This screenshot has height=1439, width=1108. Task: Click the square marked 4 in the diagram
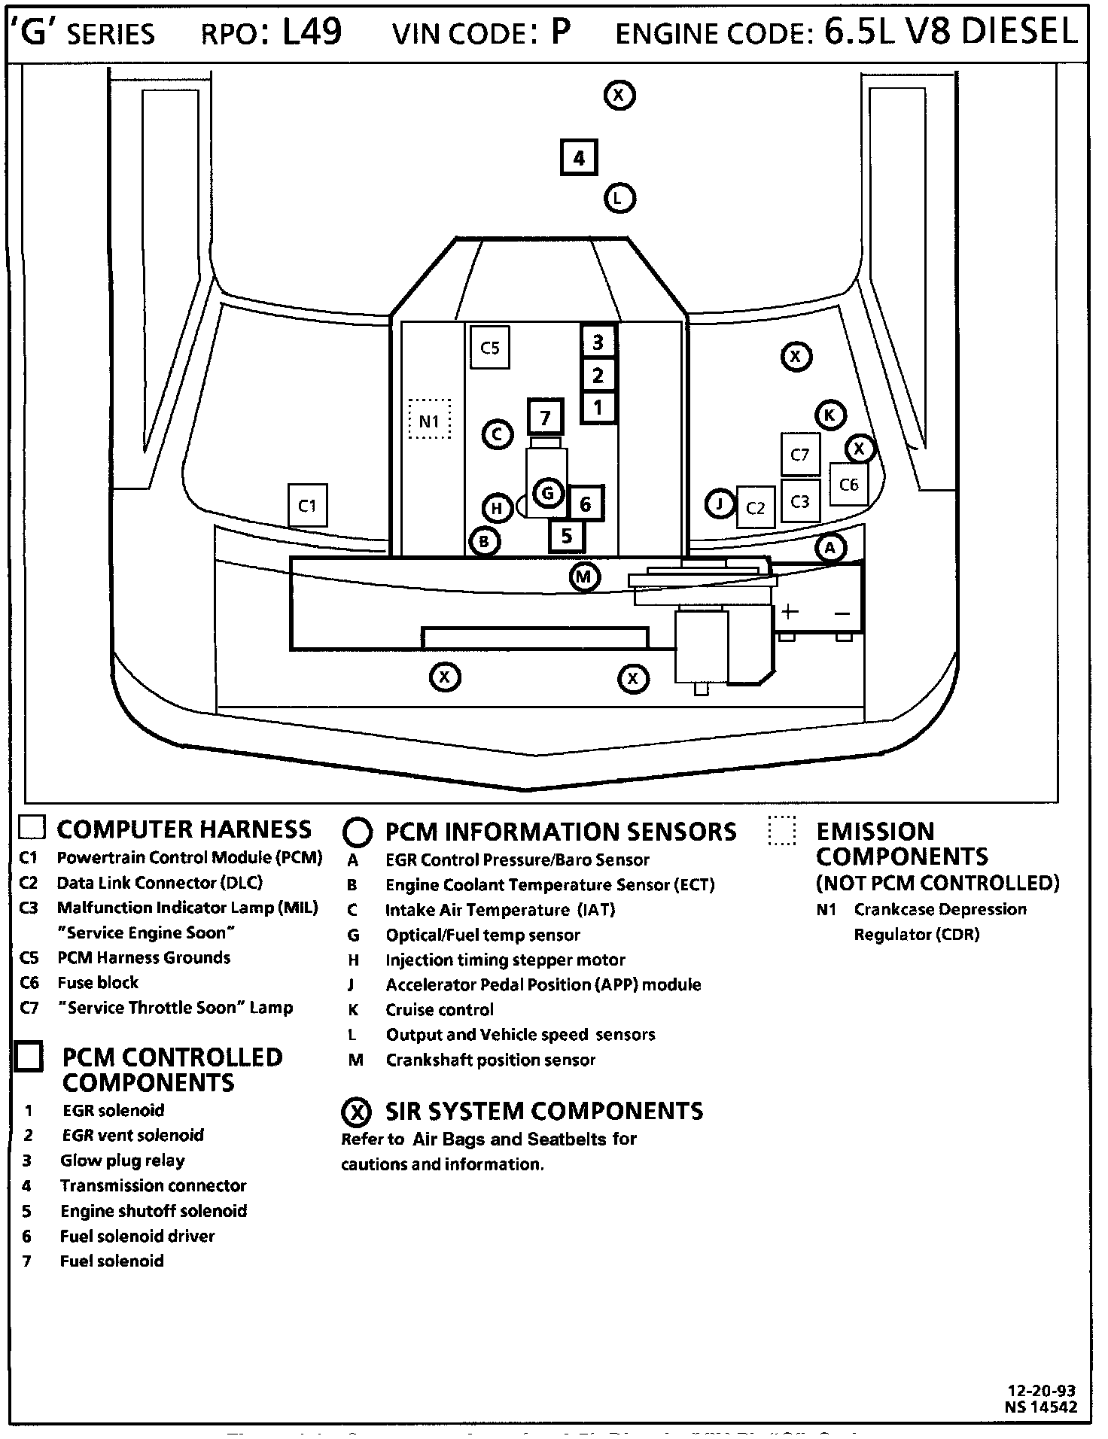[x=578, y=158]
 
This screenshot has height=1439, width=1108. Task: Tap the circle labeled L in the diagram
[x=619, y=199]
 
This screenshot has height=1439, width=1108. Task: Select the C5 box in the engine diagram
[x=489, y=348]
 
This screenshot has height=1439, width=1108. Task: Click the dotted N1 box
[x=429, y=420]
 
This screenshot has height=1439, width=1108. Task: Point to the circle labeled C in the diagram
[x=497, y=434]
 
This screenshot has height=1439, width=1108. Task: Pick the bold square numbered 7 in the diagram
[x=546, y=417]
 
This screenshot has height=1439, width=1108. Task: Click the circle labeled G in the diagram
[x=547, y=494]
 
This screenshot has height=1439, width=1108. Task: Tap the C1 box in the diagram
[x=307, y=506]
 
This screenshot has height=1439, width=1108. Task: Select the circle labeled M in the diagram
[x=584, y=577]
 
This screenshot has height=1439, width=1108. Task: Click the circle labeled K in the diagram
[x=829, y=415]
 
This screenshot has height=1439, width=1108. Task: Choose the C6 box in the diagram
[x=848, y=485]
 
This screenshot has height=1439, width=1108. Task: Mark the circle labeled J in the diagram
[x=720, y=503]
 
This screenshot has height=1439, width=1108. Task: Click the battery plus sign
[x=789, y=611]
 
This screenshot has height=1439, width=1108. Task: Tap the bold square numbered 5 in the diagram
[x=566, y=536]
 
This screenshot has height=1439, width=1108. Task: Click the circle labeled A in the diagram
[x=829, y=547]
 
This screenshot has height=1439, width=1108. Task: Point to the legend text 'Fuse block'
[x=98, y=983]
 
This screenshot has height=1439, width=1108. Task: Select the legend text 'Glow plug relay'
[x=123, y=1161]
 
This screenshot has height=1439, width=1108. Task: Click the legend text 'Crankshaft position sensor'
[x=490, y=1060]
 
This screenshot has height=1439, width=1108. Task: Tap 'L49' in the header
[x=312, y=32]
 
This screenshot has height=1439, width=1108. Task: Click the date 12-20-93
[x=1042, y=1391]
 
